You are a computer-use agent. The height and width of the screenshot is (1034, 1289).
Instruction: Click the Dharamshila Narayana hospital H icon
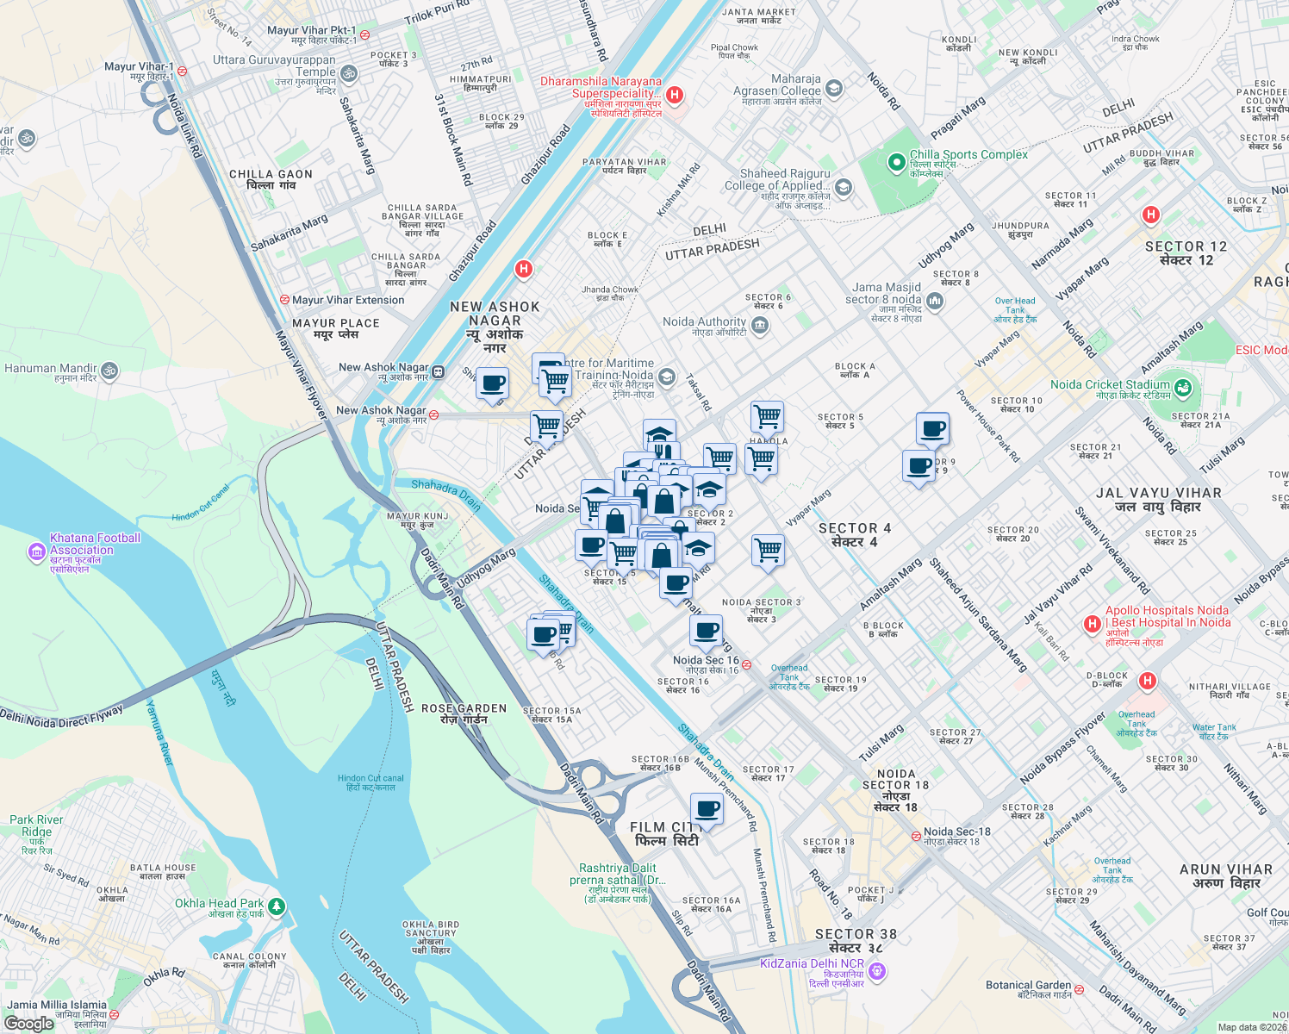[676, 94]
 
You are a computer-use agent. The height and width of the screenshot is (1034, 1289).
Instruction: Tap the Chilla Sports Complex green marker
[897, 161]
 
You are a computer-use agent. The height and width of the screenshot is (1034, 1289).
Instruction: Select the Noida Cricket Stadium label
[1110, 385]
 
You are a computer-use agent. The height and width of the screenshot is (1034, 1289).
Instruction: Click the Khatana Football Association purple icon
[36, 552]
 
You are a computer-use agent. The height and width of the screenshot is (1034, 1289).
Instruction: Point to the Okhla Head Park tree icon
[276, 906]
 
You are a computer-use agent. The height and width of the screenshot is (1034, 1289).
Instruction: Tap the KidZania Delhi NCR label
[812, 963]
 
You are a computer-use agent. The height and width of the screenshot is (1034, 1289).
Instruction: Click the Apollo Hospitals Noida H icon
[1092, 623]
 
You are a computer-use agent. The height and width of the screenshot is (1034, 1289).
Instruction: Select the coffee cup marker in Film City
[707, 811]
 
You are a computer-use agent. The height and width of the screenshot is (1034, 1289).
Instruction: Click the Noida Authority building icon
[760, 325]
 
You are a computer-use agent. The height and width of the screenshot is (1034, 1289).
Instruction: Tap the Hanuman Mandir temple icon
[109, 371]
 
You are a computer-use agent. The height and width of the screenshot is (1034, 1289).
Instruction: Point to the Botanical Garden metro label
[1029, 985]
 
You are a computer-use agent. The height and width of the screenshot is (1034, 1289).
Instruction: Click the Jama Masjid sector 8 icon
[936, 301]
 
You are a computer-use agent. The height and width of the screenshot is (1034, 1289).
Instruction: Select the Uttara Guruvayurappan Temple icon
[349, 74]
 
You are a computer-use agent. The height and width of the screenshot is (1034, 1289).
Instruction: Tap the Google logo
[29, 1024]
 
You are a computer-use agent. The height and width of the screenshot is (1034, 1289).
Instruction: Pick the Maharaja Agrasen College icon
[833, 88]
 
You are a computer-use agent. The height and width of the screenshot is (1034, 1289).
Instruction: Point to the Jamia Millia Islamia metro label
[57, 1005]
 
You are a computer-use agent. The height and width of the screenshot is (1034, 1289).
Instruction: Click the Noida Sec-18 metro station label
[956, 832]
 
